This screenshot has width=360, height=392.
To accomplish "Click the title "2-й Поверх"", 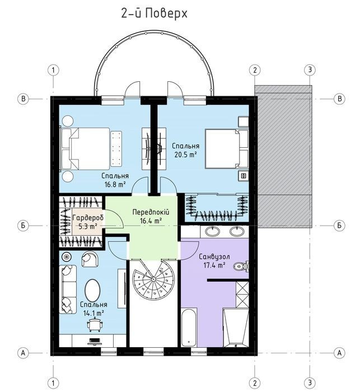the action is coord(155,14).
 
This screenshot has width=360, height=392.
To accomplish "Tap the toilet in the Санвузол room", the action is coord(241,266).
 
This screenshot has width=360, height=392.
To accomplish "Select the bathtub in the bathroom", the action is coord(189,327).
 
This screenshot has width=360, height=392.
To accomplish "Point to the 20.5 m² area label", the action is coord(185,155).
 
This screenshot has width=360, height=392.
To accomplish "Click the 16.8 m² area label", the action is coord(115,185).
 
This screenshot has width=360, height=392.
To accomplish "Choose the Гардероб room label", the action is coord(88,218).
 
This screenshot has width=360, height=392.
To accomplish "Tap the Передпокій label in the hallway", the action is coord(151,212).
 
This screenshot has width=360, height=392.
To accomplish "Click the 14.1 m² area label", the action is coord(93,313).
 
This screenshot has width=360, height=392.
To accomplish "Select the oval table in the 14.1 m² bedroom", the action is coord(92,291).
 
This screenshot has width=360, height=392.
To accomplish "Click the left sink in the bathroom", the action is coord(213,231).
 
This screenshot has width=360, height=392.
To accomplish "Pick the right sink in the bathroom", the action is coord(237,231).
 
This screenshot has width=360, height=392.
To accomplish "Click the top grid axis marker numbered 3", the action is coord(310,70).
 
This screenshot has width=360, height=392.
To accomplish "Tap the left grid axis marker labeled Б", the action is coord(24,226).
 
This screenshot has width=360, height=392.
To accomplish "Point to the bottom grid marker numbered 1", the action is coord(53,382).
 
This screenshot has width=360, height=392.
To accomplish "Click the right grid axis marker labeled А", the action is coord(339,353).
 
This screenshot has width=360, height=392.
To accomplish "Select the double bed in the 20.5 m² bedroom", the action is coord(227,148).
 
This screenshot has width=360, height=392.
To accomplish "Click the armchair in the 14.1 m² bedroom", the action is coord(90,259).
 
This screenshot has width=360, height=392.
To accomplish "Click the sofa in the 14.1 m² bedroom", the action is coord(68,290).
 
